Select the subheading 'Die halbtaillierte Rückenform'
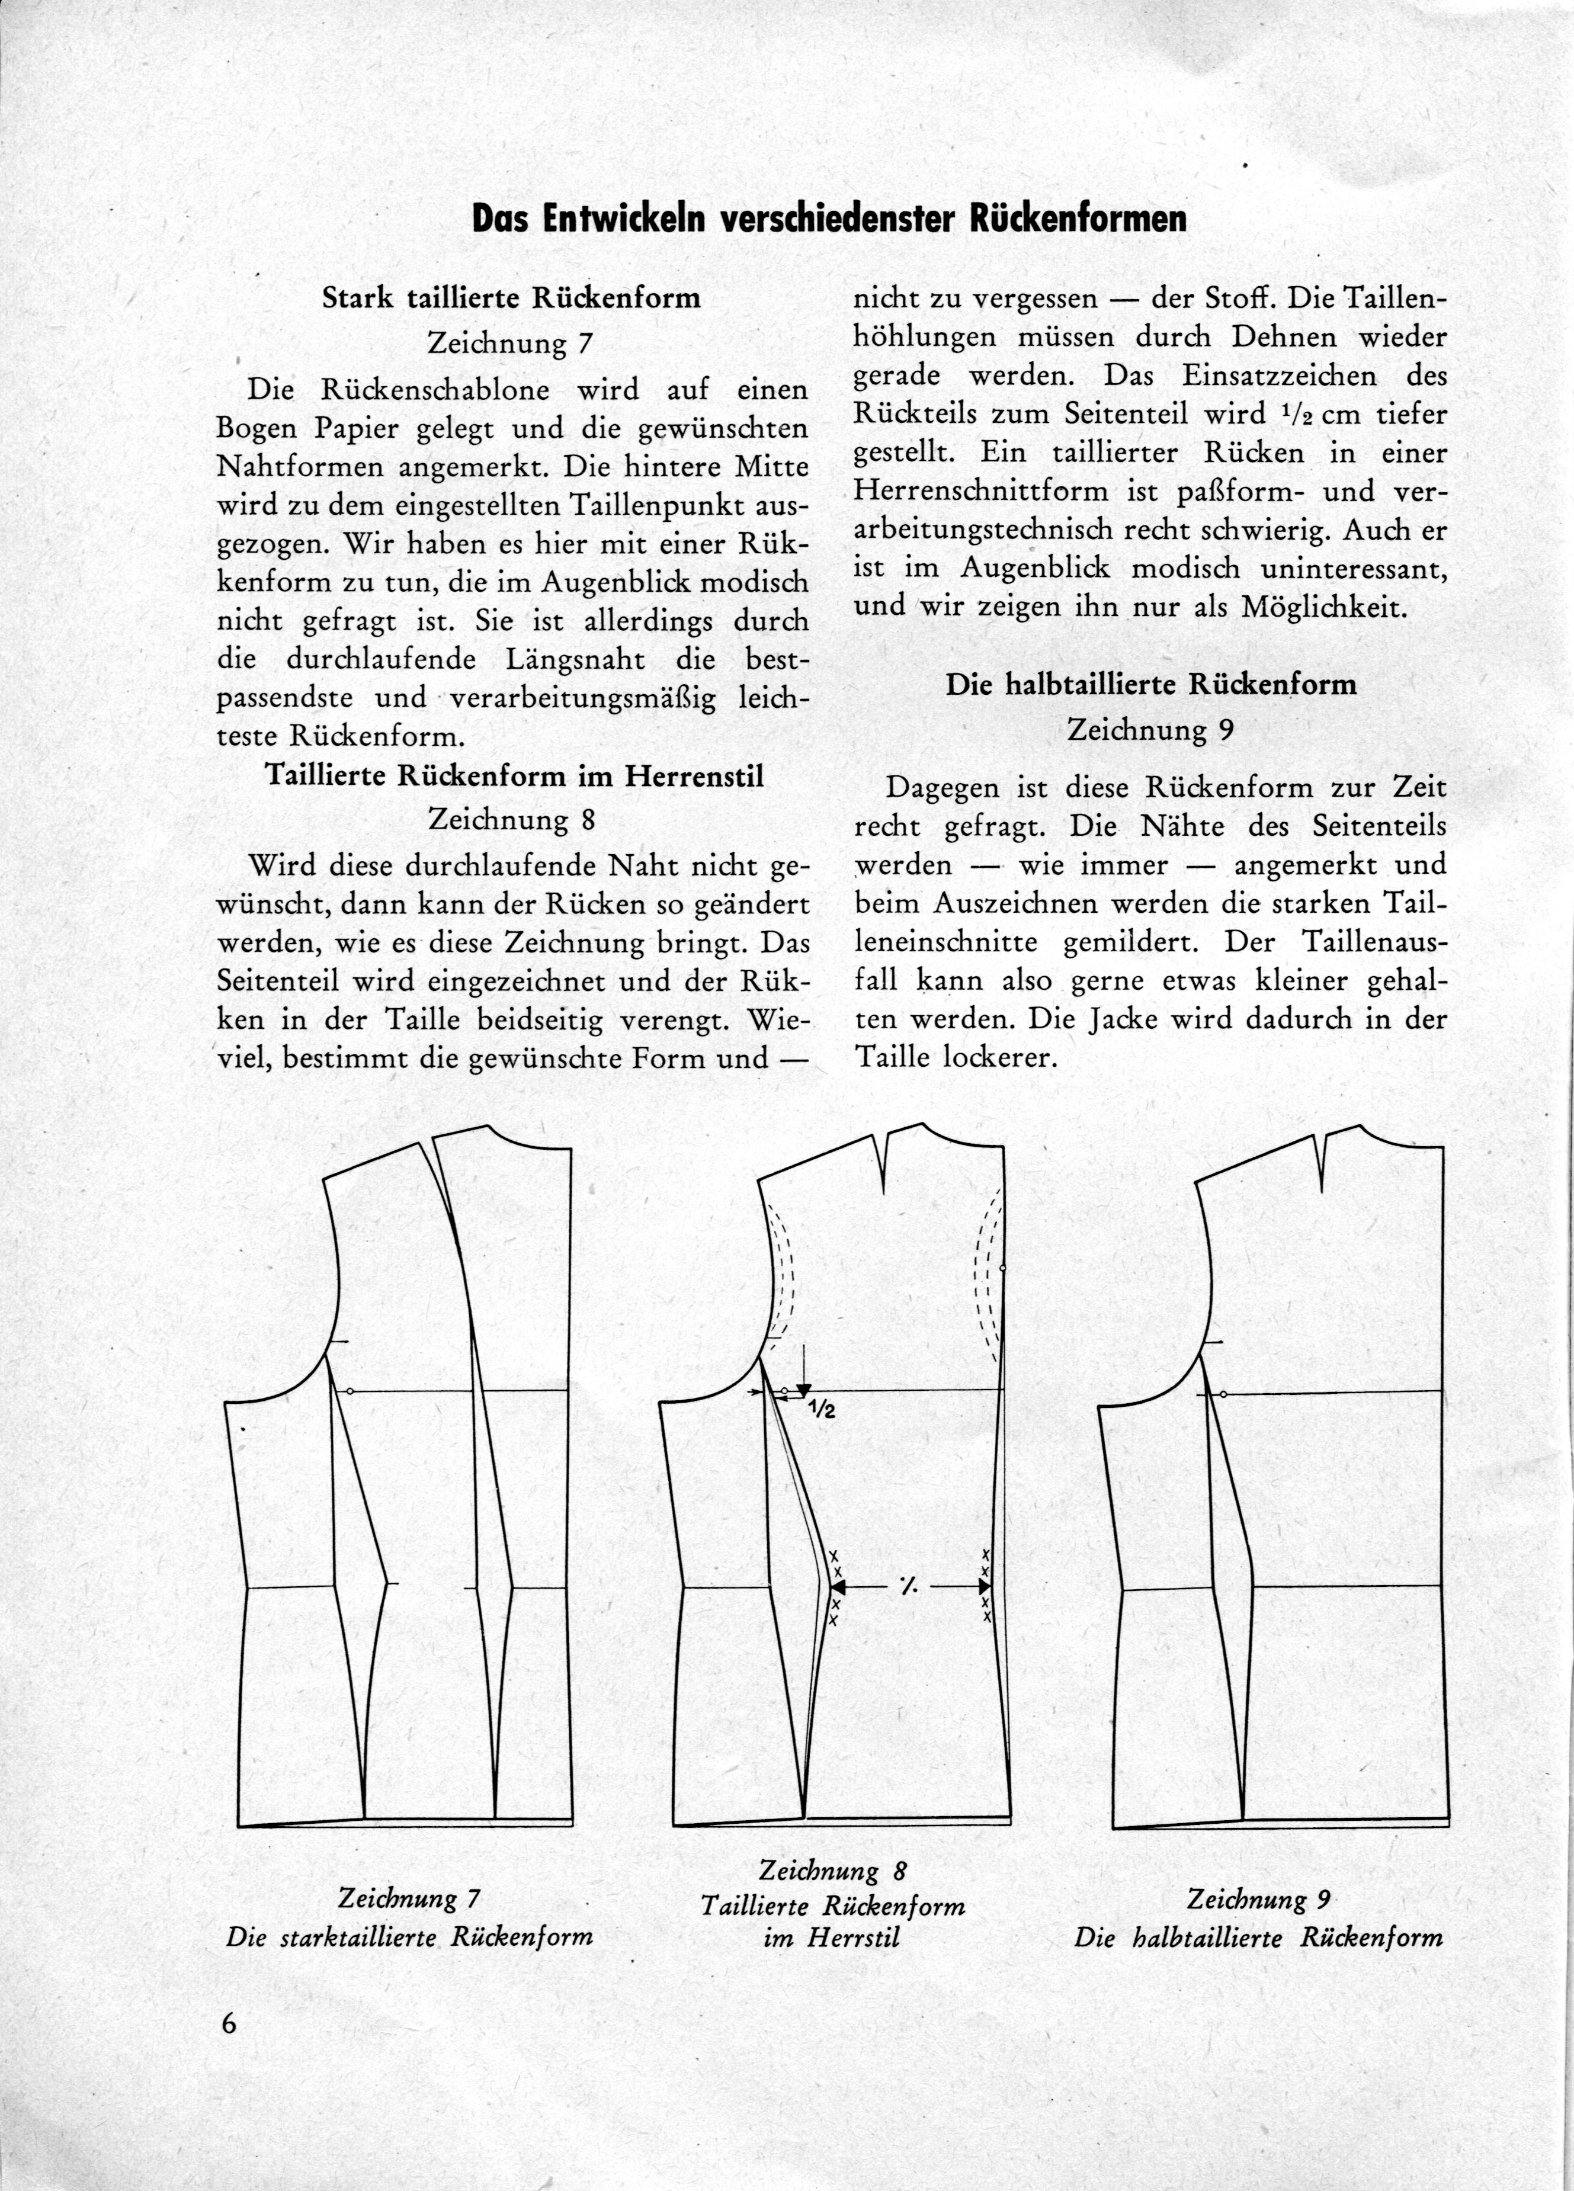point(1150,684)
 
